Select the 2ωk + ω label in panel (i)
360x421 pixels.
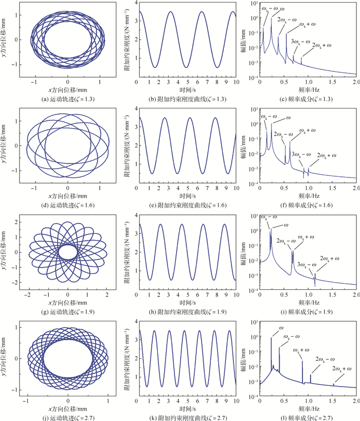[332, 258]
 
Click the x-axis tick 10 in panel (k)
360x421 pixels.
[236, 400]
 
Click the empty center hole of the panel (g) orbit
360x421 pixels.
[67, 252]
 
